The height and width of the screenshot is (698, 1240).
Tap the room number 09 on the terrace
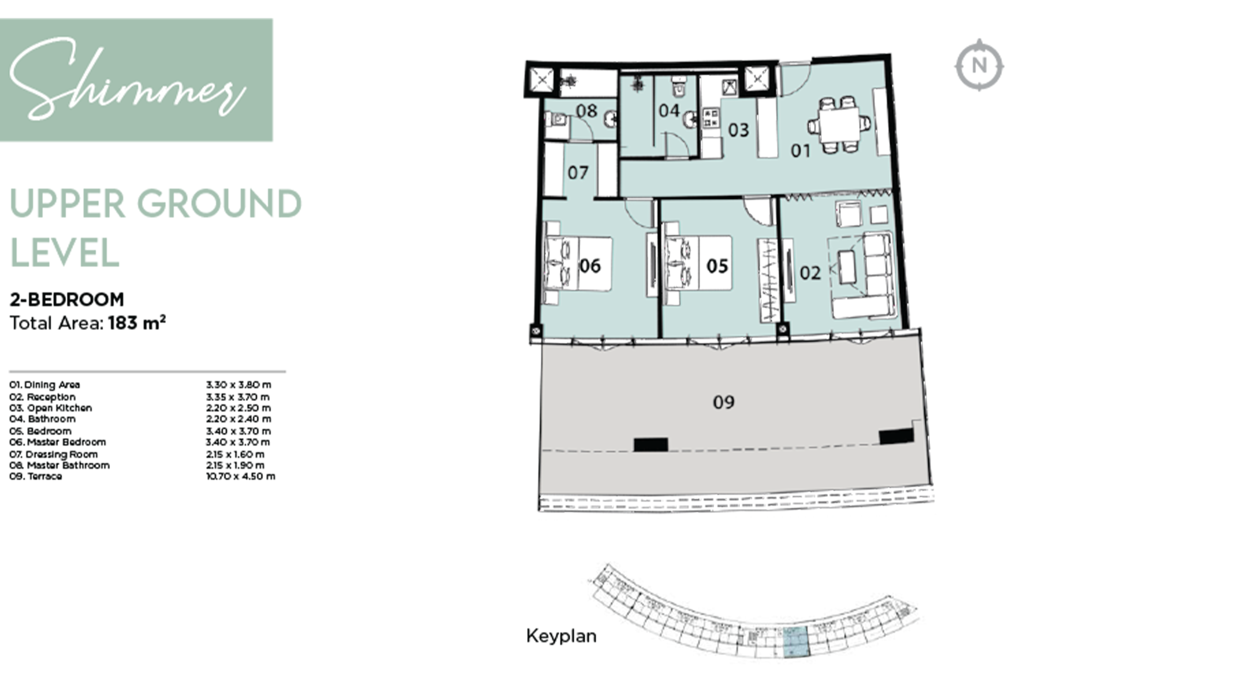pos(724,402)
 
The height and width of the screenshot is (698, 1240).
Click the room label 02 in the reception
pos(810,273)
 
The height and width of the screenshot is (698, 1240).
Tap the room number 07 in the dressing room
pos(578,172)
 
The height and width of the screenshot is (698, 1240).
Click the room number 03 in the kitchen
pos(738,130)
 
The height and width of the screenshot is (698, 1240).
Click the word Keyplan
pos(561,636)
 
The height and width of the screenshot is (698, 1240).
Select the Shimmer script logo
pos(127,79)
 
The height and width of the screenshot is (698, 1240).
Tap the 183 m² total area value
pos(137,323)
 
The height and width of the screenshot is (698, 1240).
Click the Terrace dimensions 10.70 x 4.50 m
pos(240,477)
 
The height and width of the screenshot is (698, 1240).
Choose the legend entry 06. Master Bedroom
pos(58,442)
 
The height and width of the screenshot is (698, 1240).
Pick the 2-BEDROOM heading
pos(67,299)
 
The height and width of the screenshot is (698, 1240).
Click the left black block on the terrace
pos(650,444)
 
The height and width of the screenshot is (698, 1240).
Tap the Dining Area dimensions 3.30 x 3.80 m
pos(238,385)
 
